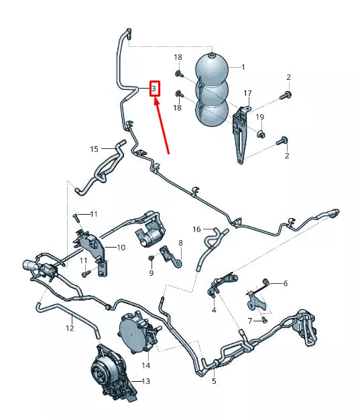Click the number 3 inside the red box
[x=154, y=88]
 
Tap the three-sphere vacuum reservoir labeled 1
[x=212, y=91]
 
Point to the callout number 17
[x=247, y=93]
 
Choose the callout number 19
[x=261, y=117]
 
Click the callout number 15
[x=95, y=149]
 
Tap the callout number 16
[x=196, y=229]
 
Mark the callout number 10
[x=121, y=248]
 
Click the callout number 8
[x=180, y=242]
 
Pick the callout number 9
[x=151, y=273]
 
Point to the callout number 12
[x=70, y=329]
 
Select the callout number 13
[x=145, y=382]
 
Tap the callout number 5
[x=214, y=382]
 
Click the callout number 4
[x=214, y=310]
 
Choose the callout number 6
[x=285, y=283]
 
